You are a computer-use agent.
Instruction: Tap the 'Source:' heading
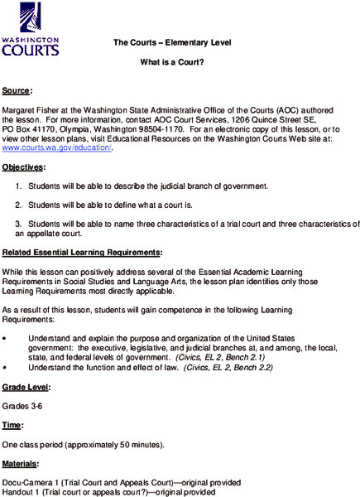[17, 89]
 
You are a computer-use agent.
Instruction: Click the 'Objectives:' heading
[23, 167]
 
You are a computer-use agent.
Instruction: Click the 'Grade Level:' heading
[26, 387]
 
